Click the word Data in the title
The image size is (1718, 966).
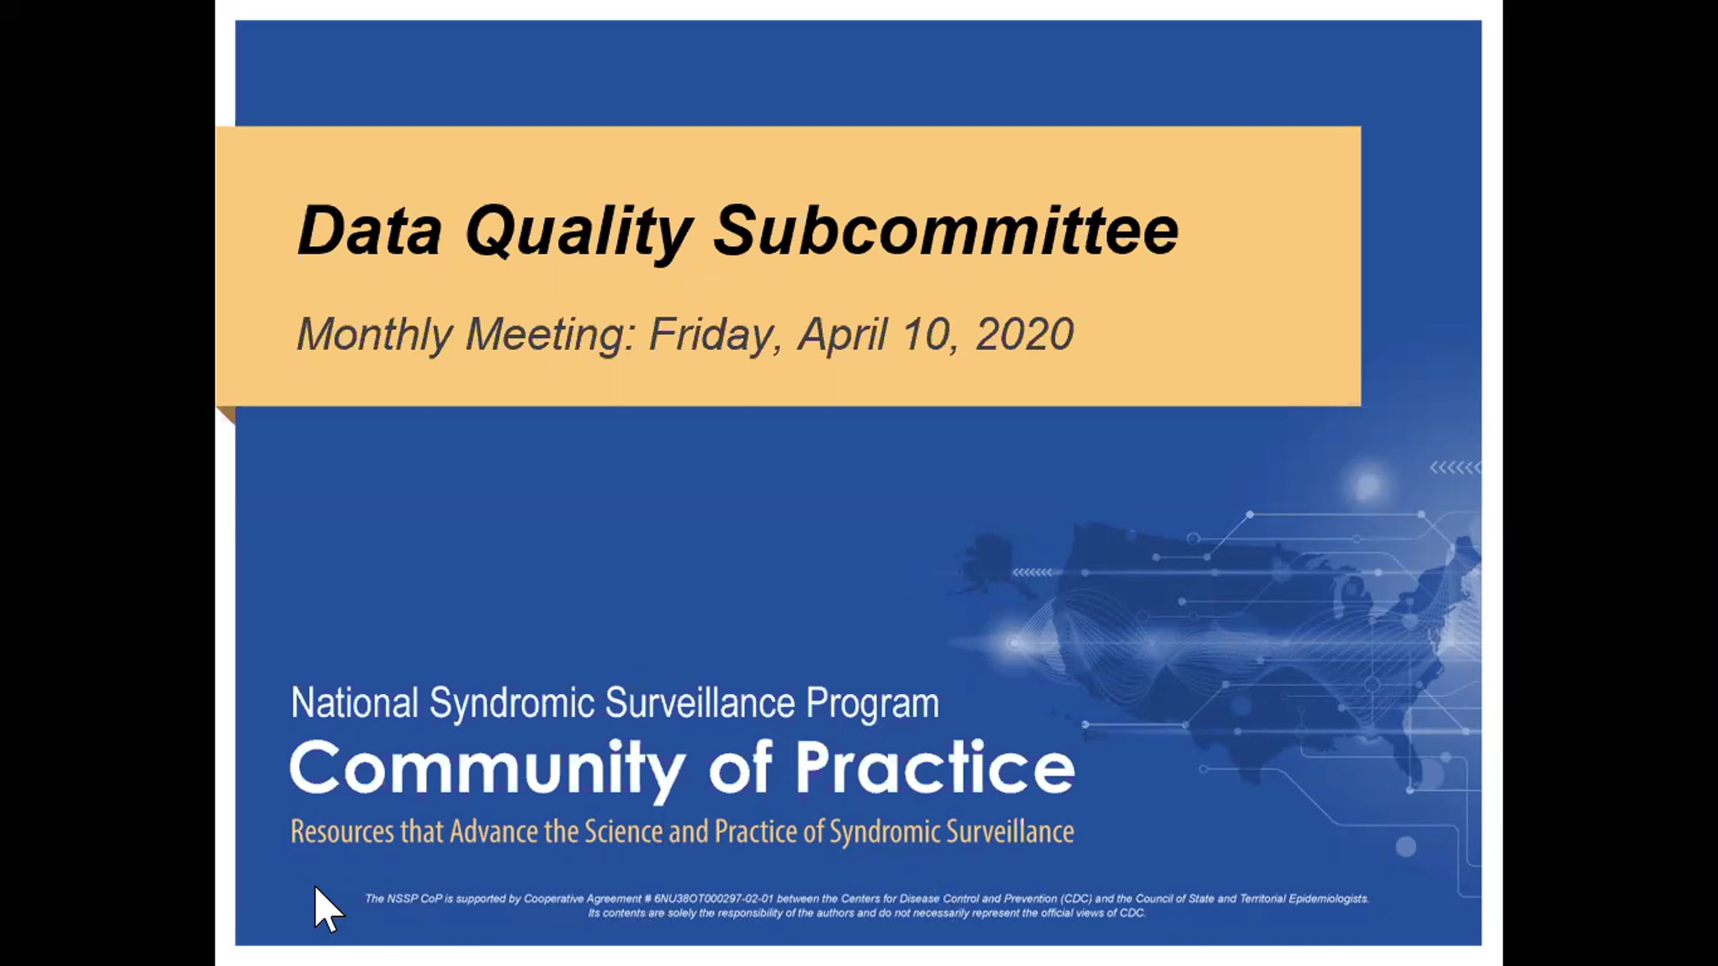click(x=369, y=231)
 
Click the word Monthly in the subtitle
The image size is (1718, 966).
click(x=374, y=335)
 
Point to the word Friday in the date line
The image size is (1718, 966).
click(x=715, y=335)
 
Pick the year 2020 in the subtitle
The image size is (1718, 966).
click(x=1024, y=334)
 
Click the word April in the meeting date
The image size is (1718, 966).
click(x=843, y=335)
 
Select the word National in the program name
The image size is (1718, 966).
click(x=354, y=702)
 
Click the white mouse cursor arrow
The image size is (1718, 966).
click(x=329, y=909)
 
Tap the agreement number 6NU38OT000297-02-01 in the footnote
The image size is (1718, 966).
click(x=713, y=899)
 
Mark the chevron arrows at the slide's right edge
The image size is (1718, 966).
click(x=1455, y=468)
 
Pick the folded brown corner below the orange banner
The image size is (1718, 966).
click(x=226, y=414)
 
